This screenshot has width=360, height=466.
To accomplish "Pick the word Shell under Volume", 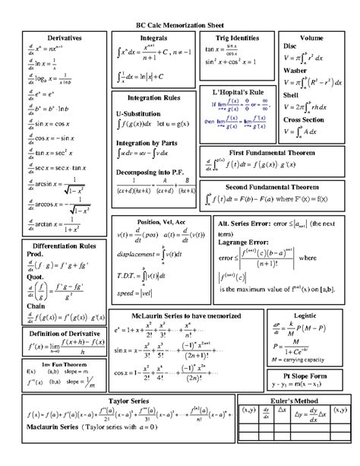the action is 291,95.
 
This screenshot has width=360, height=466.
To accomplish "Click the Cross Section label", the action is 304,119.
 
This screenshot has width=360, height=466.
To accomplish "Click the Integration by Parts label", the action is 148,143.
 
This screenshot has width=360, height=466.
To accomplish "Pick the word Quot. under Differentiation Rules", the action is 37,277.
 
